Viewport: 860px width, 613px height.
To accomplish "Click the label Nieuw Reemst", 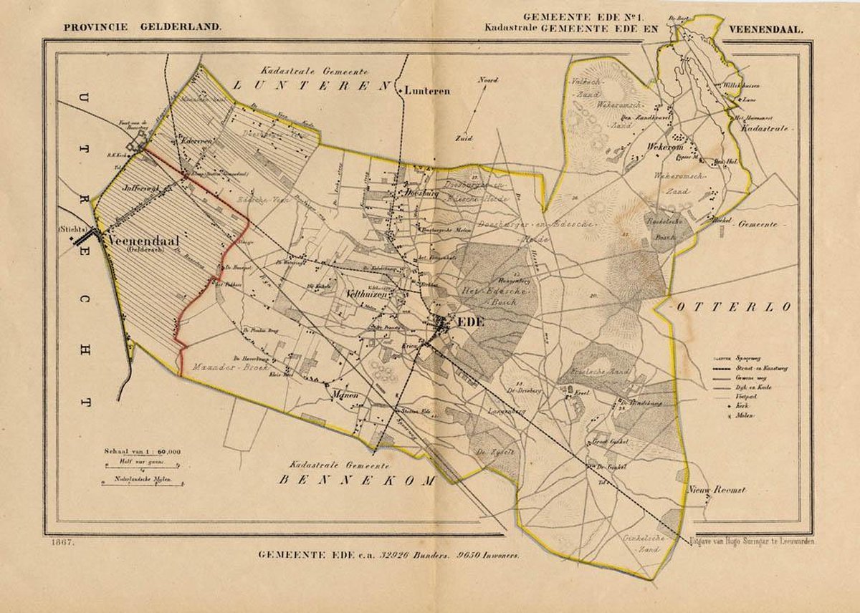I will click(x=717, y=490).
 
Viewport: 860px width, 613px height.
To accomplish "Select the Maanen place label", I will click(x=345, y=394).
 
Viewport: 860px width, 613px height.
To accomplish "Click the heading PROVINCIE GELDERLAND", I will click(x=143, y=29).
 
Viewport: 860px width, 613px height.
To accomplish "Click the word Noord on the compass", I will click(x=488, y=80).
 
